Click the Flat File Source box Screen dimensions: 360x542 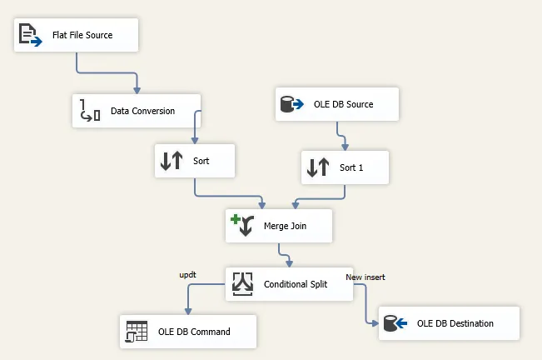coord(76,35)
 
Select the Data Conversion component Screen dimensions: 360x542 coord(137,110)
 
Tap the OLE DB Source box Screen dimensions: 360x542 coord(337,104)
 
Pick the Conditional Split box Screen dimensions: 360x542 coord(290,284)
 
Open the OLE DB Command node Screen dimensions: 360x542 coord(188,331)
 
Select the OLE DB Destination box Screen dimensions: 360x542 coord(449,323)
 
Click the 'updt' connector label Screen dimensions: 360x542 coord(187,274)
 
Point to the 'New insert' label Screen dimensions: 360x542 coord(365,277)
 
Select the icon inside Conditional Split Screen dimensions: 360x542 coord(242,284)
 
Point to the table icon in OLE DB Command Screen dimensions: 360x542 coord(136,331)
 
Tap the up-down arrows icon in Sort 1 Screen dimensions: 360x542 coord(319,167)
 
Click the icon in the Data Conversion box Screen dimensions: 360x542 coord(90,110)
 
